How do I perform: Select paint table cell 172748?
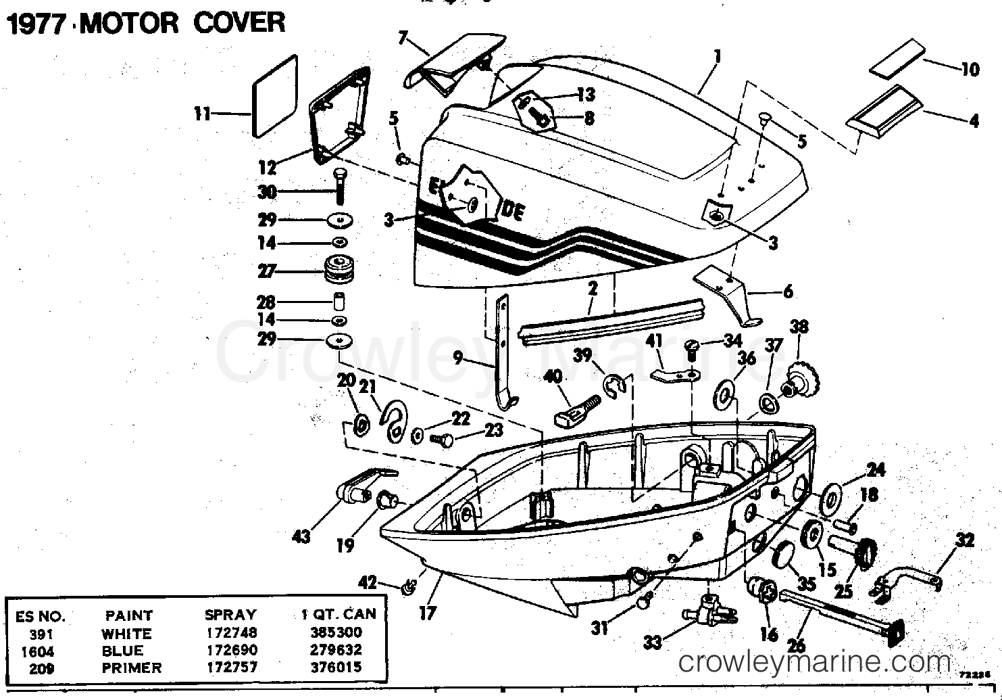(230, 634)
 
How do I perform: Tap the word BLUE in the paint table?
(122, 651)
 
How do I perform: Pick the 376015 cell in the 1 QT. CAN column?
(336, 668)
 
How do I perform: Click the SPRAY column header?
(230, 615)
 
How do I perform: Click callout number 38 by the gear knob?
(799, 327)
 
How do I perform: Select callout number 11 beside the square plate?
(203, 114)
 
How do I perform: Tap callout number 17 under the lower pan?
(427, 613)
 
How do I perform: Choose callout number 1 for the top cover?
(717, 56)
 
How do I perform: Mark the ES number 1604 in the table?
(38, 651)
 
